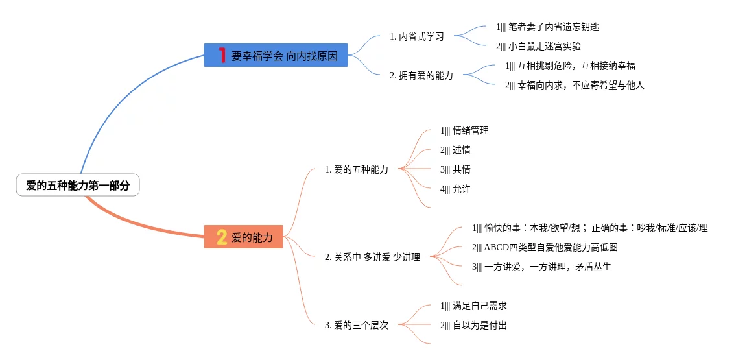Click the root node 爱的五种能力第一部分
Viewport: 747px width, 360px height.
pyautogui.click(x=78, y=186)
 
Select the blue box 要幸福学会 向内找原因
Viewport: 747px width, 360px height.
pyautogui.click(x=276, y=56)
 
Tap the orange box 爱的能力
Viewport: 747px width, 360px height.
pyautogui.click(x=244, y=237)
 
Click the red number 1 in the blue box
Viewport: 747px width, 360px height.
pyautogui.click(x=222, y=56)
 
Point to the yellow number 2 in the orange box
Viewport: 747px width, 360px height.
pyautogui.click(x=222, y=237)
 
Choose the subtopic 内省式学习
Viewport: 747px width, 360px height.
pyautogui.click(x=417, y=36)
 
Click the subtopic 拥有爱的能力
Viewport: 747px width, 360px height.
pyautogui.click(x=421, y=75)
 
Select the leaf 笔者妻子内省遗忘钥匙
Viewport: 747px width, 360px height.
pyautogui.click(x=547, y=27)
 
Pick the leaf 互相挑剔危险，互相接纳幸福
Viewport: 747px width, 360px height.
pyautogui.click(x=570, y=66)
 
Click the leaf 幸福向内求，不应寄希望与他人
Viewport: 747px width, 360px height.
pyautogui.click(x=575, y=85)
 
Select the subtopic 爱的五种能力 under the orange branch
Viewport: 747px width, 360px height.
pyautogui.click(x=357, y=169)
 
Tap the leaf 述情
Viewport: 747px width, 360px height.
pyautogui.click(x=455, y=150)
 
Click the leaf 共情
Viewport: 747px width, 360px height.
pyautogui.click(x=455, y=169)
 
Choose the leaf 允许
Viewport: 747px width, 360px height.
pyautogui.click(x=455, y=189)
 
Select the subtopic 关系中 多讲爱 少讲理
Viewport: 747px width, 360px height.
pyautogui.click(x=372, y=257)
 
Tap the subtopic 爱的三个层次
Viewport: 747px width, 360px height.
pyautogui.click(x=357, y=325)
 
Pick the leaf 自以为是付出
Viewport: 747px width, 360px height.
pyautogui.click(x=473, y=325)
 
